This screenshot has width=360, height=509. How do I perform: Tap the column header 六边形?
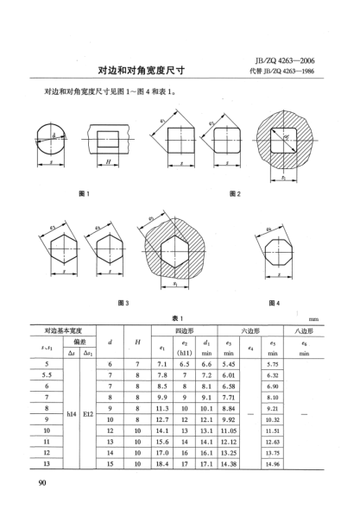[x=251, y=330]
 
